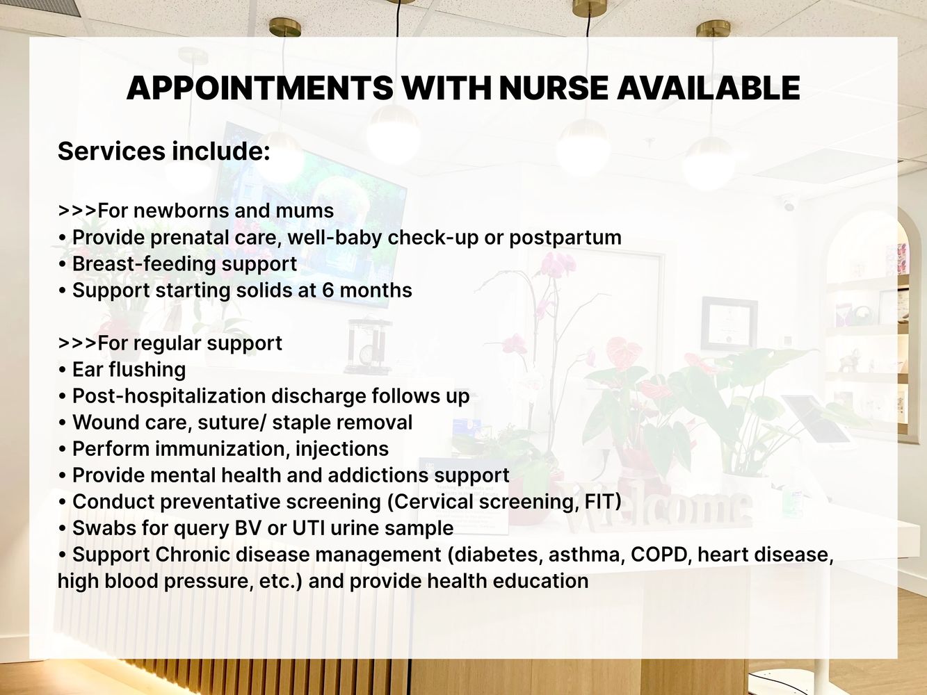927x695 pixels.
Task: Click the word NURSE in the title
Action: (x=554, y=88)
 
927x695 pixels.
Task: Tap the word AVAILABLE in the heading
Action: (x=708, y=88)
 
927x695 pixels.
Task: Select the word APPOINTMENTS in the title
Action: (x=259, y=88)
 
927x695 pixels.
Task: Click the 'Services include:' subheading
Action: (x=164, y=151)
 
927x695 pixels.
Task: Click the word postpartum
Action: (x=565, y=238)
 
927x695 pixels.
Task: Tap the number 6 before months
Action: (x=328, y=291)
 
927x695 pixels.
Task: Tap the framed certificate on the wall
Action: (x=729, y=325)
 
